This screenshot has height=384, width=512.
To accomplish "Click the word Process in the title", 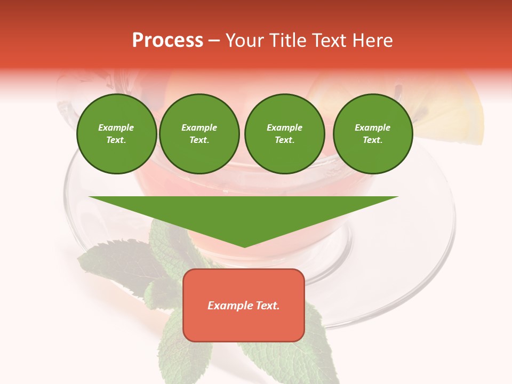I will tap(167, 41).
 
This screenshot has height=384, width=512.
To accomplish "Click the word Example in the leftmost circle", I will tap(116, 127).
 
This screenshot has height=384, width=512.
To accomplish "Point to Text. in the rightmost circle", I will tap(373, 140).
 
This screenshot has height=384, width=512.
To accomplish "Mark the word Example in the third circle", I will tap(284, 127).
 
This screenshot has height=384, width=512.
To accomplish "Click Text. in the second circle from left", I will tap(199, 140).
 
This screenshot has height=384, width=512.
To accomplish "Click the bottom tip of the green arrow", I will tap(244, 245).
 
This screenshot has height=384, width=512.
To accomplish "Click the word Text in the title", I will tap(329, 41).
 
